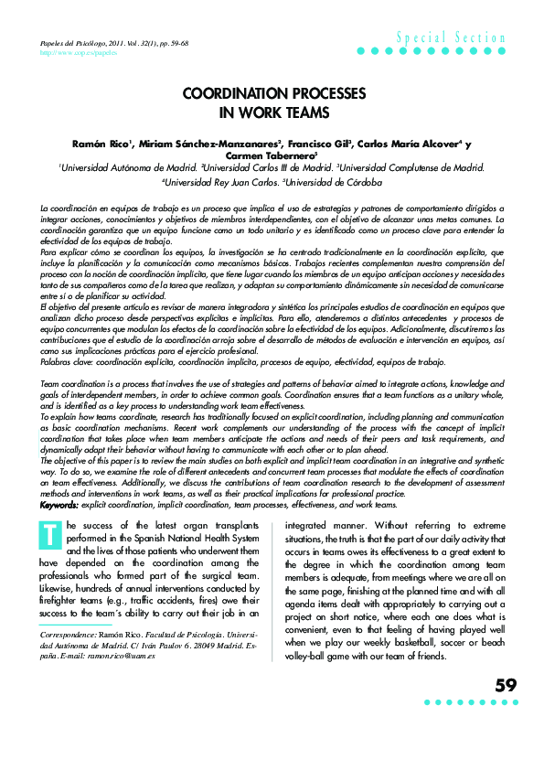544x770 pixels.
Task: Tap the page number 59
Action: (x=506, y=685)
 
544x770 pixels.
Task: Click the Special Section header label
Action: (x=451, y=38)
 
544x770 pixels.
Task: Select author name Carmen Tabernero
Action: (x=272, y=155)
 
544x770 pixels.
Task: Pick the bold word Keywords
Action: (x=59, y=505)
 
